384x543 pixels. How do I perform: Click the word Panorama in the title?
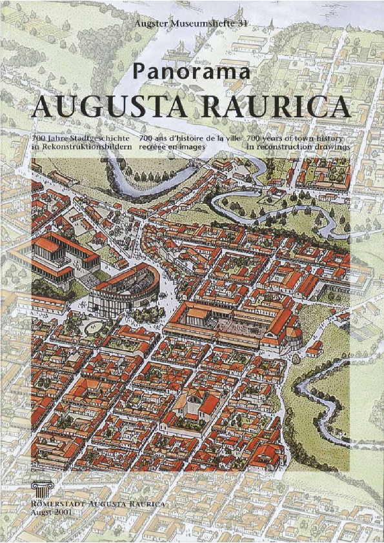point(191,72)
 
